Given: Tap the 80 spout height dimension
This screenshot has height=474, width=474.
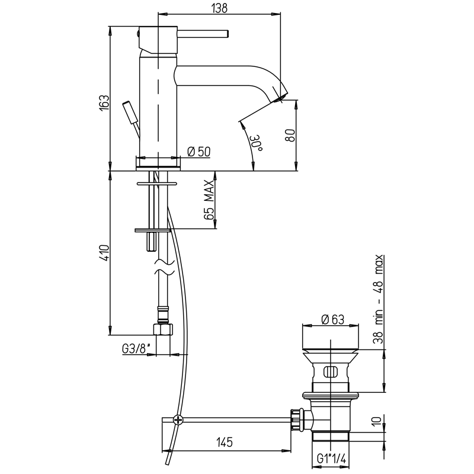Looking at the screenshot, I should point(290,134).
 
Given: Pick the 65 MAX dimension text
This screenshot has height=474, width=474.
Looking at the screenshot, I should point(209,200).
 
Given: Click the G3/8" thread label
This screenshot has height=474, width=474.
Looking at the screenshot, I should point(137,348).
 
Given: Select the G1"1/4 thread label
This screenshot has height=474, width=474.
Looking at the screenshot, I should point(331,459).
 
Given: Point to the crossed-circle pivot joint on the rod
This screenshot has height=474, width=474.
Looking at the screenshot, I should point(178,420).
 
